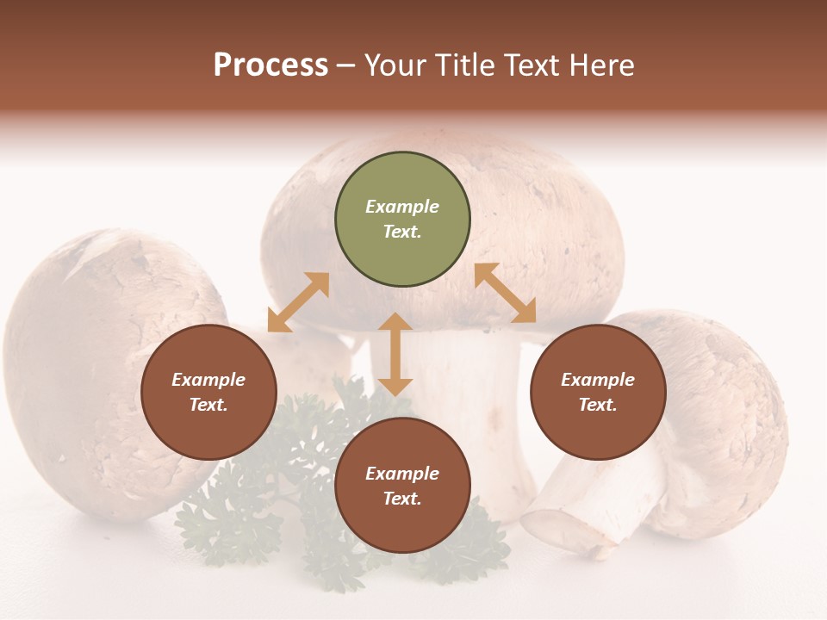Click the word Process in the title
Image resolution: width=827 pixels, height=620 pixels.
pos(270,65)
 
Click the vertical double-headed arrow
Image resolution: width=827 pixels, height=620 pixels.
pos(395,354)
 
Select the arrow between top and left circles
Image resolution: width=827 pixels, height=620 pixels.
pos(298,302)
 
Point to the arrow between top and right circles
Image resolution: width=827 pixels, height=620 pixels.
pos(506,293)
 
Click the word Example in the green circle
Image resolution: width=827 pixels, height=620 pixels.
pos(402,207)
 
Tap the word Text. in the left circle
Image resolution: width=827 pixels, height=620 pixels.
pos(208,405)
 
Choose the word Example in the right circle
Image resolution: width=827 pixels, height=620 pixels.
pos(598,380)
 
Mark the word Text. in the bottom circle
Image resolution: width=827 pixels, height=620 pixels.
pos(402,499)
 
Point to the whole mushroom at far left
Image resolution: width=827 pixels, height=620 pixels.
pos(95,370)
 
